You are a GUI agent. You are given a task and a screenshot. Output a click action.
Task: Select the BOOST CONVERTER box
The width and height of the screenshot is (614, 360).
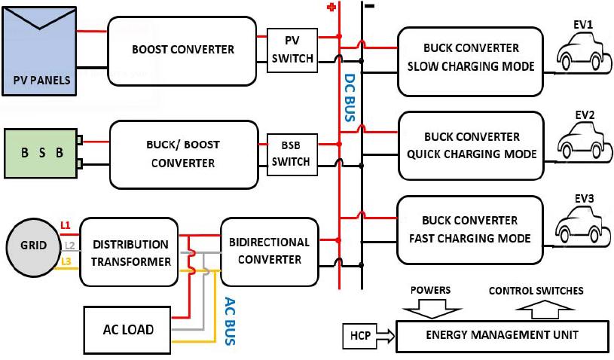click(x=183, y=50)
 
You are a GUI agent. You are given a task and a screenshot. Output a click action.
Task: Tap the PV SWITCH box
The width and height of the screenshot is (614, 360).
click(x=292, y=50)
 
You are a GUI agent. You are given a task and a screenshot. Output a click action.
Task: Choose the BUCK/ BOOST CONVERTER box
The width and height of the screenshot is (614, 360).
click(x=183, y=154)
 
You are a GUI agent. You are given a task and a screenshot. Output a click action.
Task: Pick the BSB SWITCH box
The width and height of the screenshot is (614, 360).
click(x=292, y=153)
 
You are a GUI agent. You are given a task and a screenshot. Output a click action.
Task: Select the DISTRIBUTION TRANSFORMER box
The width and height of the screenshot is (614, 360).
click(x=130, y=252)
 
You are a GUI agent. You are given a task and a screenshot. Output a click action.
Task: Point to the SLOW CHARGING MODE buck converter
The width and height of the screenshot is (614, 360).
click(x=470, y=61)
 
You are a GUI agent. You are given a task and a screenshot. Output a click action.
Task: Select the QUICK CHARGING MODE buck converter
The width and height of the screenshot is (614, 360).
click(x=471, y=145)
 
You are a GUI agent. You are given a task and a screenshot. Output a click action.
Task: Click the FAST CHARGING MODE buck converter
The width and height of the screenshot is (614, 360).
click(x=470, y=230)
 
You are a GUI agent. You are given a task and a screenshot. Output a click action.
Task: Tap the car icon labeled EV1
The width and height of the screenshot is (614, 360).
click(x=584, y=53)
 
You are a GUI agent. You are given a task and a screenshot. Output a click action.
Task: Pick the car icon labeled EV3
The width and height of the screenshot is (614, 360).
click(x=584, y=222)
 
